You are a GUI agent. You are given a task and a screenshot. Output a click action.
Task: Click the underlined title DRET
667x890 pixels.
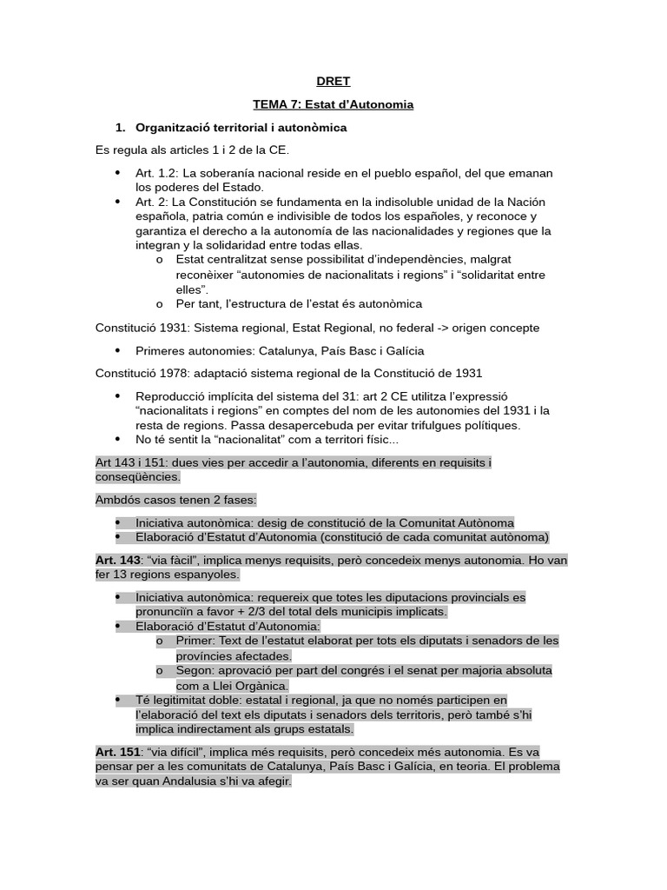333,82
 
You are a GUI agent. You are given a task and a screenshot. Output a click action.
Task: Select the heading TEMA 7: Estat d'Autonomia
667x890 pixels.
333,104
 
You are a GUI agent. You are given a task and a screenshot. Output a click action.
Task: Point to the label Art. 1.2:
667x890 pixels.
155,174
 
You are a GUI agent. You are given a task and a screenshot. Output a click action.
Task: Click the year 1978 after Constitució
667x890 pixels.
173,373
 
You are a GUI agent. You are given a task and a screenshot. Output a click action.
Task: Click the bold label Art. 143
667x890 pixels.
118,561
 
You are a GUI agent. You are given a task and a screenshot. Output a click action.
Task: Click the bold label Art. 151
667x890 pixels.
118,752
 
